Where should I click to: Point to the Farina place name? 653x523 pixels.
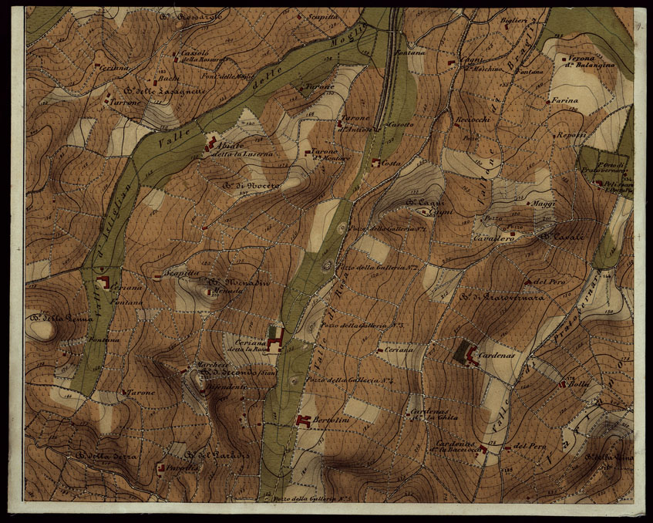(564, 100)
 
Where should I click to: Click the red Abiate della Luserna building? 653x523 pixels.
(210, 142)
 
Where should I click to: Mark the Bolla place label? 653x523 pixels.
(579, 384)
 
